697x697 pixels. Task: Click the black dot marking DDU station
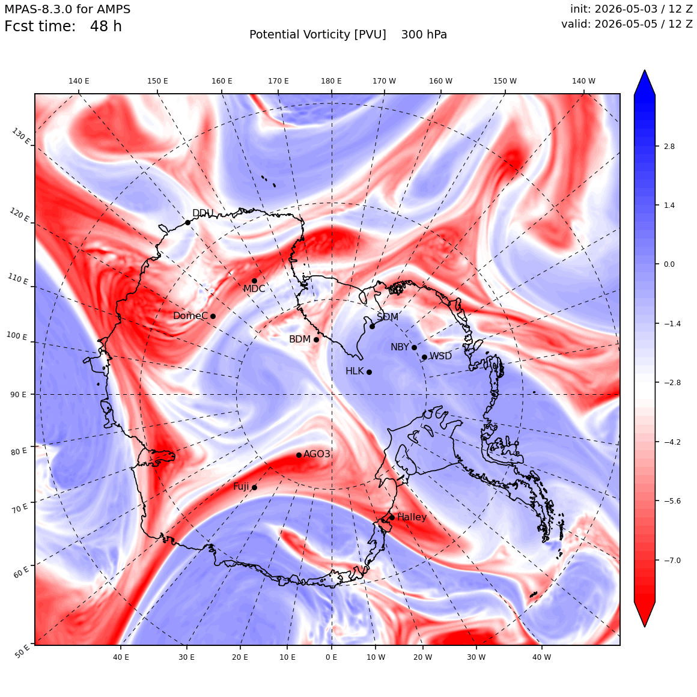coord(187,223)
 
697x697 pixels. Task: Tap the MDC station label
coord(254,289)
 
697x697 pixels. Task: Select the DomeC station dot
coord(213,317)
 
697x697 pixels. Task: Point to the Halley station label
coord(412,517)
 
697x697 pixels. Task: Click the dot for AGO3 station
coord(299,455)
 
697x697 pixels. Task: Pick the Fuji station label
coord(242,487)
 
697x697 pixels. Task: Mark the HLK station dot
coord(369,373)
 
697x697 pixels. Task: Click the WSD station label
coord(440,356)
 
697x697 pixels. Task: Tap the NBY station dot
coord(414,348)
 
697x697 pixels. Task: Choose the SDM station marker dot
coord(372,327)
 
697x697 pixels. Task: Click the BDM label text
coord(300,339)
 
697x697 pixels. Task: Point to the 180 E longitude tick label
coord(332,81)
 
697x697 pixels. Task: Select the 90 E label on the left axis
coord(18,395)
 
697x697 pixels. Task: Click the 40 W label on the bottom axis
coord(542,657)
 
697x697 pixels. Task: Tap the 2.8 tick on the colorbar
coord(669,146)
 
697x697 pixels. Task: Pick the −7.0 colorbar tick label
coord(672,560)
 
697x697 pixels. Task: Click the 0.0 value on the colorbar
coord(669,264)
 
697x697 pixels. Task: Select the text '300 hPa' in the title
coord(424,35)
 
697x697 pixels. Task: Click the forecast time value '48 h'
coord(106,26)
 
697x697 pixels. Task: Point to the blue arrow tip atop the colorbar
coord(645,70)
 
